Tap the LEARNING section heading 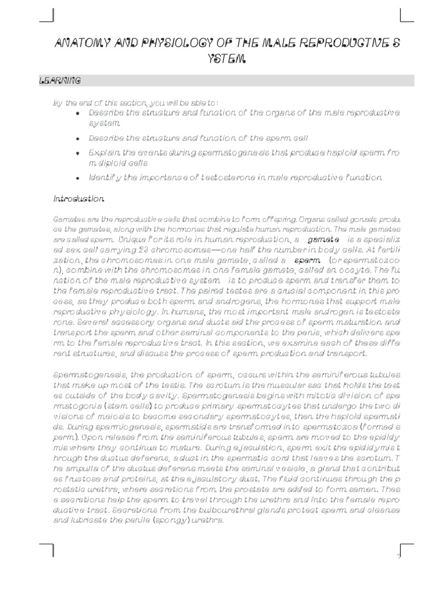59,81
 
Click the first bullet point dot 78,113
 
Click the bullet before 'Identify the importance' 78,178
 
